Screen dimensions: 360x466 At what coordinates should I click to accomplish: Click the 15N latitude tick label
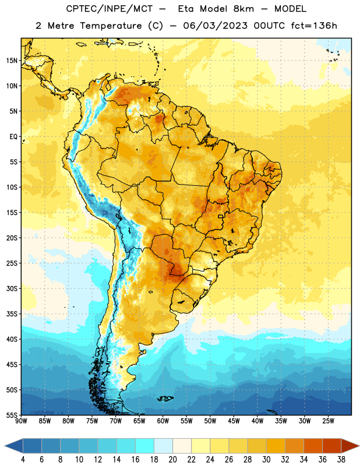point(12,61)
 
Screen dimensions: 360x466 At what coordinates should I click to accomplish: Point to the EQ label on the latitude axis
point(13,137)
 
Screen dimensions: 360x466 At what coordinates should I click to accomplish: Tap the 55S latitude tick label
point(12,415)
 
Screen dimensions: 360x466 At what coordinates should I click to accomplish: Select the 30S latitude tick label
point(12,288)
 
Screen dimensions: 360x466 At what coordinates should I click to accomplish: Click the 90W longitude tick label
point(21,421)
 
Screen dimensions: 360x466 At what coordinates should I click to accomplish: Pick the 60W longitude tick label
point(163,421)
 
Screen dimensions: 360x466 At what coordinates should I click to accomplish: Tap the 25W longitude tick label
point(329,421)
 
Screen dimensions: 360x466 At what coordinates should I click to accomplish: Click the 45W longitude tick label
point(234,421)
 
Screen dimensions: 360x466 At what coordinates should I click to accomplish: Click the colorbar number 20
point(172,460)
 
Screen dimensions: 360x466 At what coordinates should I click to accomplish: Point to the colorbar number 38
point(341,460)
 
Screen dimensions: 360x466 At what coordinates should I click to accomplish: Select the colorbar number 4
point(23,460)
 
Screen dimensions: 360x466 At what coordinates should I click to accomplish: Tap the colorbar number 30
point(266,460)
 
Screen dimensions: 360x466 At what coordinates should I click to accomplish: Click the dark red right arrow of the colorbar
point(350,446)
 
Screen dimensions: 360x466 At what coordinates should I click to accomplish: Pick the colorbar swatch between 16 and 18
point(144,446)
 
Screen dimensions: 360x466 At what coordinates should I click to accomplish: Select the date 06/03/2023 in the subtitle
point(215,26)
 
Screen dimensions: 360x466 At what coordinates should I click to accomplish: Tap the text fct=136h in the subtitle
point(314,26)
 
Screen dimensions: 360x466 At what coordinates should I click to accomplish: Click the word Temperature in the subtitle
point(111,26)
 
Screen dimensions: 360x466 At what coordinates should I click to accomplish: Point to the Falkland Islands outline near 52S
point(165,398)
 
